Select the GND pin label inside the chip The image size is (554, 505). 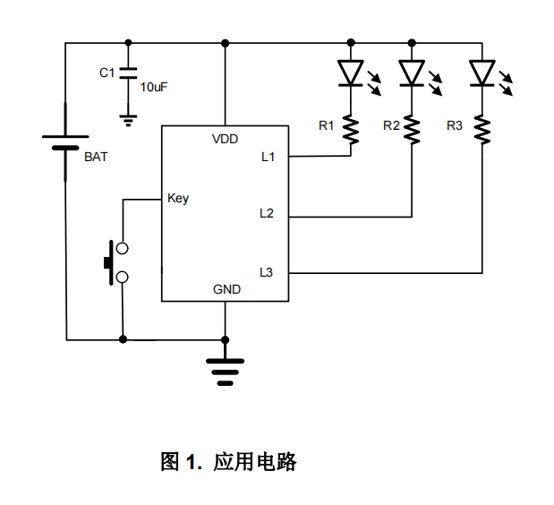point(226,289)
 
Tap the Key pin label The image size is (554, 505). point(178,198)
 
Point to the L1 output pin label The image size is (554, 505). point(268,158)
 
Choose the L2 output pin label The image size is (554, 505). point(267,213)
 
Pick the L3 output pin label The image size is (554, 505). point(267,271)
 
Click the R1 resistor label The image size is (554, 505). point(326,125)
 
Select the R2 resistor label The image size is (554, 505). point(390,125)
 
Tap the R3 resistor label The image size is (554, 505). point(455,125)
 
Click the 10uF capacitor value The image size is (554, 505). point(153,87)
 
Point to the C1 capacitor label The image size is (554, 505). point(107,73)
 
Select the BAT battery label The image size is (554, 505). point(95,157)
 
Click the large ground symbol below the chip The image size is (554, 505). point(225,368)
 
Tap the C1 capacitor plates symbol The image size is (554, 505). point(129,74)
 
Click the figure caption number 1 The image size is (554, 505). point(192,463)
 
